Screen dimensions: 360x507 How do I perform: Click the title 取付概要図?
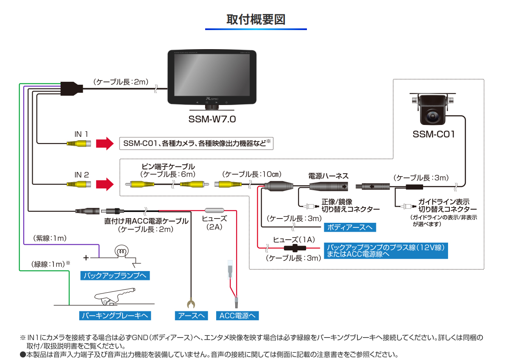[x=256, y=19]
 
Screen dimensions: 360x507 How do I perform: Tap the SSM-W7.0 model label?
[x=212, y=119]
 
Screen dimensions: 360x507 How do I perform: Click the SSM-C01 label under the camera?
[x=434, y=135]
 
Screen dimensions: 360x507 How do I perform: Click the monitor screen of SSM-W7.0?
[x=212, y=75]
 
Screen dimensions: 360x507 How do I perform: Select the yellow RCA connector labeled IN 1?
[x=78, y=144]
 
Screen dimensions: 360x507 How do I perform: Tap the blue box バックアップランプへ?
[x=115, y=276]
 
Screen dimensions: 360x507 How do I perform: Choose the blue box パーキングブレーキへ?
[x=115, y=316]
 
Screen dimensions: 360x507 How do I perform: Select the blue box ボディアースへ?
[x=350, y=227]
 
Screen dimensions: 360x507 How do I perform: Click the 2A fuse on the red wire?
[x=214, y=210]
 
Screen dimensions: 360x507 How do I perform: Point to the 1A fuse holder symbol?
[x=295, y=248]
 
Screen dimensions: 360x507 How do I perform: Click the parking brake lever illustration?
[x=114, y=295]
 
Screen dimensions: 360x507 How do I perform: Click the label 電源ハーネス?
[x=328, y=175]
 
